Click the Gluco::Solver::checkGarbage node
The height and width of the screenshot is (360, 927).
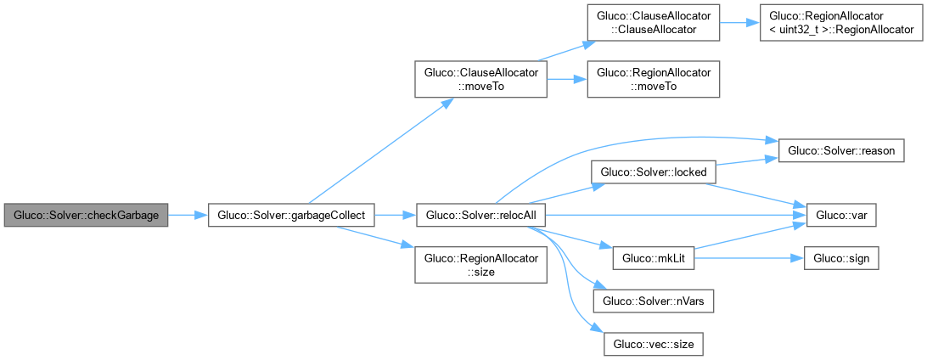(86, 216)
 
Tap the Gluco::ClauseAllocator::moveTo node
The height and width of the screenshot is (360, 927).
(480, 81)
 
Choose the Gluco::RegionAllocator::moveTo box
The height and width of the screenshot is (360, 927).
(654, 81)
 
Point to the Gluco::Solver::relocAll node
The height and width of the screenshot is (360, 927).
(480, 216)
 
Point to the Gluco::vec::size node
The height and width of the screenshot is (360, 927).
(654, 344)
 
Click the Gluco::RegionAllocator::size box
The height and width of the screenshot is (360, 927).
(480, 264)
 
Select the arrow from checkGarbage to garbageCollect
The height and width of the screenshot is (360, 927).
(188, 216)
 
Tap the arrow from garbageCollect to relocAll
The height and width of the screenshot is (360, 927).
(395, 216)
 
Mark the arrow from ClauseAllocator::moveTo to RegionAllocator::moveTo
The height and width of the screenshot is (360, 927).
(566, 81)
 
